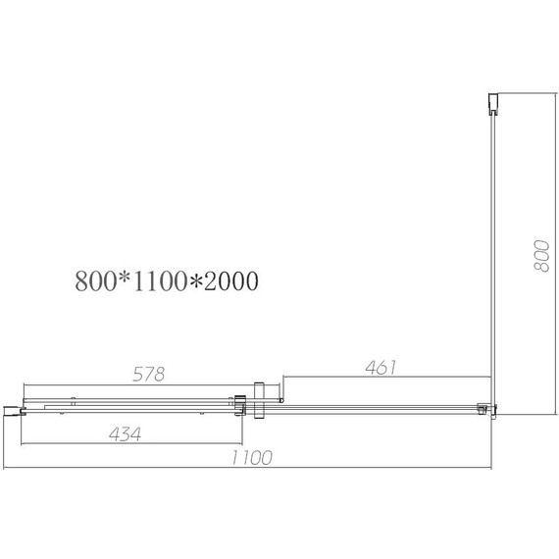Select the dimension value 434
click(x=123, y=434)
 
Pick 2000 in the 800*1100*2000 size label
click(x=228, y=281)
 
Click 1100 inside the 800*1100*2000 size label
click(x=154, y=281)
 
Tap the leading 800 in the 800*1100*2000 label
click(x=94, y=281)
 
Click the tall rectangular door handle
click(x=258, y=400)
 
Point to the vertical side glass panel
click(x=492, y=255)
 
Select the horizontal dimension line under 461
click(x=387, y=377)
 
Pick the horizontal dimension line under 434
click(x=127, y=444)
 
